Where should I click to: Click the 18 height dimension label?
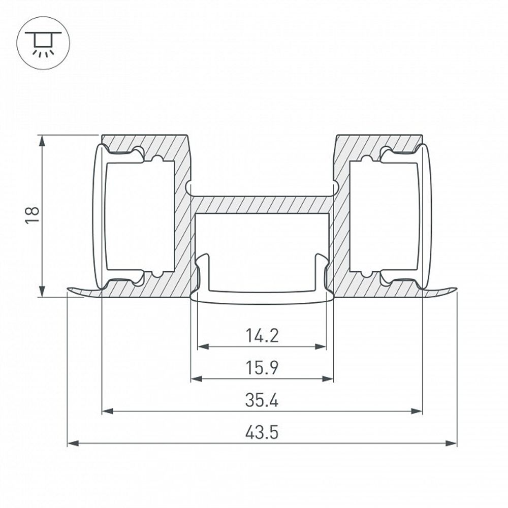click(x=33, y=215)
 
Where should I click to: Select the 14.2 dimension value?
click(x=262, y=336)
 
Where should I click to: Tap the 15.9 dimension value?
click(x=262, y=368)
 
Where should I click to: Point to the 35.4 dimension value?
click(x=262, y=400)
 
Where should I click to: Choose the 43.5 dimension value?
click(x=262, y=432)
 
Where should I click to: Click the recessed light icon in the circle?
click(x=43, y=43)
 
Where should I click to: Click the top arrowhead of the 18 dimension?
click(x=42, y=141)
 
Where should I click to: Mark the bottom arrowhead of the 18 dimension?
click(x=42, y=291)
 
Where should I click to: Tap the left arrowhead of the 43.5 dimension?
click(x=73, y=443)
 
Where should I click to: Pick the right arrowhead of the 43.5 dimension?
click(x=451, y=443)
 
